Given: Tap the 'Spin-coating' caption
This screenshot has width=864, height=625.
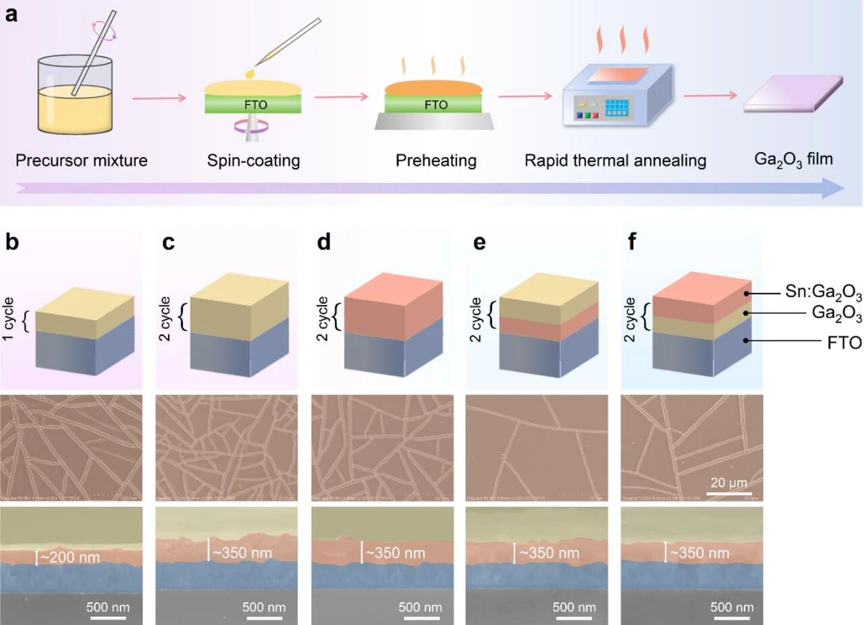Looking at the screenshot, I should pyautogui.click(x=252, y=161).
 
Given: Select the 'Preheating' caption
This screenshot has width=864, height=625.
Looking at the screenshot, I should pyautogui.click(x=436, y=161).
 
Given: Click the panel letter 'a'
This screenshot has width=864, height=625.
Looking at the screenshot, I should pyautogui.click(x=11, y=15).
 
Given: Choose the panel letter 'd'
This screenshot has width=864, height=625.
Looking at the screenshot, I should pyautogui.click(x=324, y=242).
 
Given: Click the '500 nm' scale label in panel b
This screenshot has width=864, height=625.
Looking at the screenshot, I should pyautogui.click(x=108, y=607).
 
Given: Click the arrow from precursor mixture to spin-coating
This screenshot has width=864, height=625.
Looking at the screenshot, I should pyautogui.click(x=159, y=99).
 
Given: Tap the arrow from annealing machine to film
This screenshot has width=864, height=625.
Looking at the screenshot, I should pyautogui.click(x=709, y=95).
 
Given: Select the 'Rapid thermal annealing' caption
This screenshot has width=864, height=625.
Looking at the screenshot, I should pyautogui.click(x=616, y=161).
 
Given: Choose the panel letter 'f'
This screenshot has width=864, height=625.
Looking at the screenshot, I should pyautogui.click(x=632, y=242).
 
